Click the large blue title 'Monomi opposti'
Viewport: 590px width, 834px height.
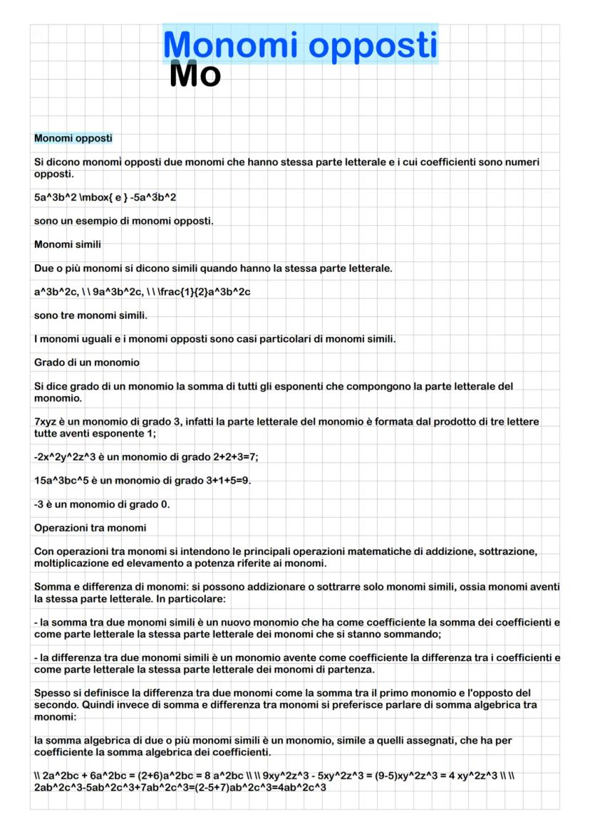(x=300, y=44)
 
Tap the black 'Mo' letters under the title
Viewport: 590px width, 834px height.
(x=195, y=75)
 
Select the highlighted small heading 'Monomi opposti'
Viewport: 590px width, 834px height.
(x=73, y=137)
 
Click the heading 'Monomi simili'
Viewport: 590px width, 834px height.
(x=68, y=244)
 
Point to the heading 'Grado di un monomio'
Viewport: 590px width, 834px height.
(x=87, y=363)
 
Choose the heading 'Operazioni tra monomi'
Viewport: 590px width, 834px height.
(x=90, y=528)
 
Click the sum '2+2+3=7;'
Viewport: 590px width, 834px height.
(x=232, y=457)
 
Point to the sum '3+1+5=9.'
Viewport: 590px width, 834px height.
(x=228, y=481)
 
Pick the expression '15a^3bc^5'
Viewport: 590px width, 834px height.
(x=65, y=481)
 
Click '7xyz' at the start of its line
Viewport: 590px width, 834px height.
(x=46, y=422)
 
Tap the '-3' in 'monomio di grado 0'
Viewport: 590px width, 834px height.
(x=39, y=504)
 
